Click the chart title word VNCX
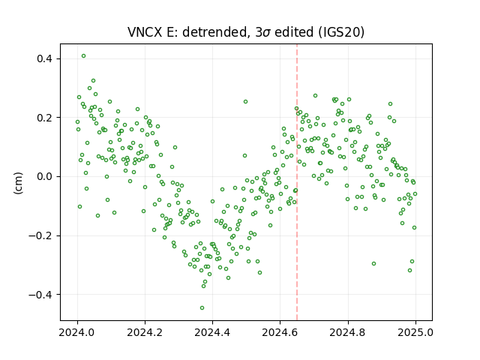click(x=145, y=32)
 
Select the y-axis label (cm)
click(x=18, y=183)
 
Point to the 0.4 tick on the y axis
click(x=45, y=58)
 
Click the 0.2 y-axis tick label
click(x=45, y=118)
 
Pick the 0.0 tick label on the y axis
click(x=45, y=177)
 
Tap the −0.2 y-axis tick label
click(x=40, y=236)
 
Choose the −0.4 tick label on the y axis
click(x=40, y=295)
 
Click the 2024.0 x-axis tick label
click(x=77, y=332)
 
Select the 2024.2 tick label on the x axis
click(x=145, y=332)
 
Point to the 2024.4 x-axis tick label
click(x=212, y=332)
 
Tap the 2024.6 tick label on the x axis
click(x=280, y=332)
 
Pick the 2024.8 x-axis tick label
click(x=348, y=332)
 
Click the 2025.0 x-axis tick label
click(x=415, y=332)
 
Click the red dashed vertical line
click(x=297, y=182)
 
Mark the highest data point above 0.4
click(x=83, y=56)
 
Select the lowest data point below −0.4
click(x=202, y=308)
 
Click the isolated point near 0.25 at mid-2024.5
click(x=245, y=102)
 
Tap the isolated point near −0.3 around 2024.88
click(x=373, y=263)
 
